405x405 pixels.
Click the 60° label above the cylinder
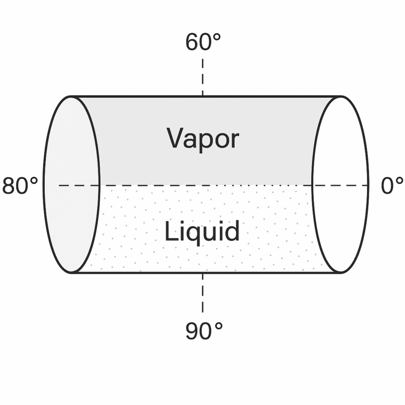pos(203,42)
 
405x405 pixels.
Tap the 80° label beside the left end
pos(20,186)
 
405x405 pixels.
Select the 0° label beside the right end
pos(392,186)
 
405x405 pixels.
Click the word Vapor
pos(203,139)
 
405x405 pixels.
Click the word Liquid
pos(202,232)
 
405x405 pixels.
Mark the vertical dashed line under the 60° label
pos(202,77)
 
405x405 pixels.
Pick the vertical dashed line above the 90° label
pos(202,292)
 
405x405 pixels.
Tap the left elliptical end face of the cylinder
pos(71,185)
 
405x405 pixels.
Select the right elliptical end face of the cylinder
pos(340,185)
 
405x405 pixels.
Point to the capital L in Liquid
pos(169,231)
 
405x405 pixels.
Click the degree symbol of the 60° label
pos(217,36)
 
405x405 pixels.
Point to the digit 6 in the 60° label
pos(192,43)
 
